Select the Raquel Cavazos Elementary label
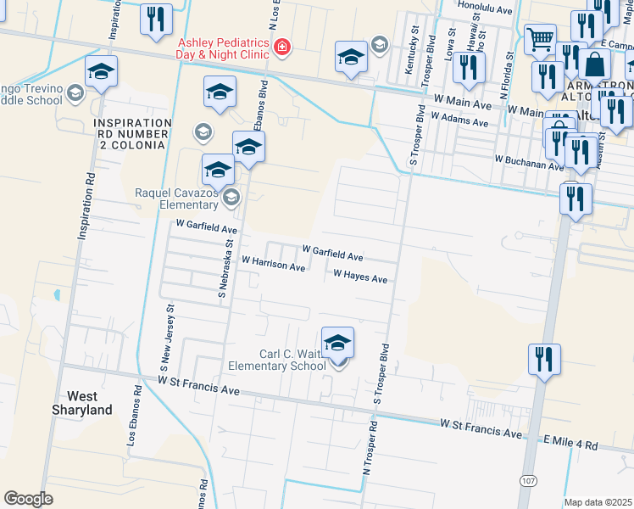(x=177, y=199)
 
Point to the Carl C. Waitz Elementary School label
(x=278, y=360)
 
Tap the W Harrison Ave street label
(x=273, y=264)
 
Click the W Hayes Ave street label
(x=360, y=277)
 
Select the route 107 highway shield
(x=529, y=481)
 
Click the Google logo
(x=28, y=499)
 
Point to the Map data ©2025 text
(x=598, y=502)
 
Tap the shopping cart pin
(x=539, y=38)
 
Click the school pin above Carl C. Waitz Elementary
(x=337, y=344)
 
